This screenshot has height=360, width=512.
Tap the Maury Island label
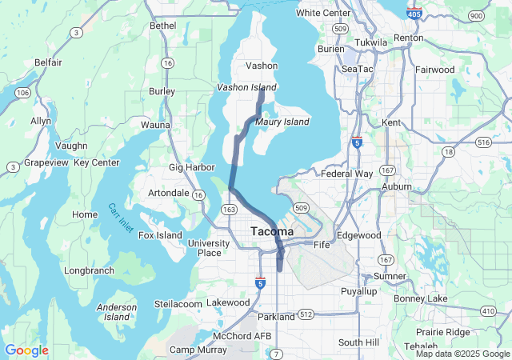click(x=282, y=122)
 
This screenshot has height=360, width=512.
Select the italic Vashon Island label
click(x=246, y=87)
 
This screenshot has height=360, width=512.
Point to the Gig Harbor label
click(x=192, y=167)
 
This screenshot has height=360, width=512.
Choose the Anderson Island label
click(x=117, y=312)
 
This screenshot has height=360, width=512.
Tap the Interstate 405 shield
click(x=414, y=14)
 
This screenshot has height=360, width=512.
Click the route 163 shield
click(x=230, y=209)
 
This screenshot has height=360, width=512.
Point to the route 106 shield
click(x=22, y=94)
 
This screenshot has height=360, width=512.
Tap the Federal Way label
click(x=346, y=174)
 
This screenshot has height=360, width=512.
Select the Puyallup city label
click(x=358, y=291)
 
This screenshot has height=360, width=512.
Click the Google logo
click(x=26, y=350)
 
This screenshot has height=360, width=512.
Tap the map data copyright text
click(x=462, y=354)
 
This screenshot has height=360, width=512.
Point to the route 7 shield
click(x=277, y=353)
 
